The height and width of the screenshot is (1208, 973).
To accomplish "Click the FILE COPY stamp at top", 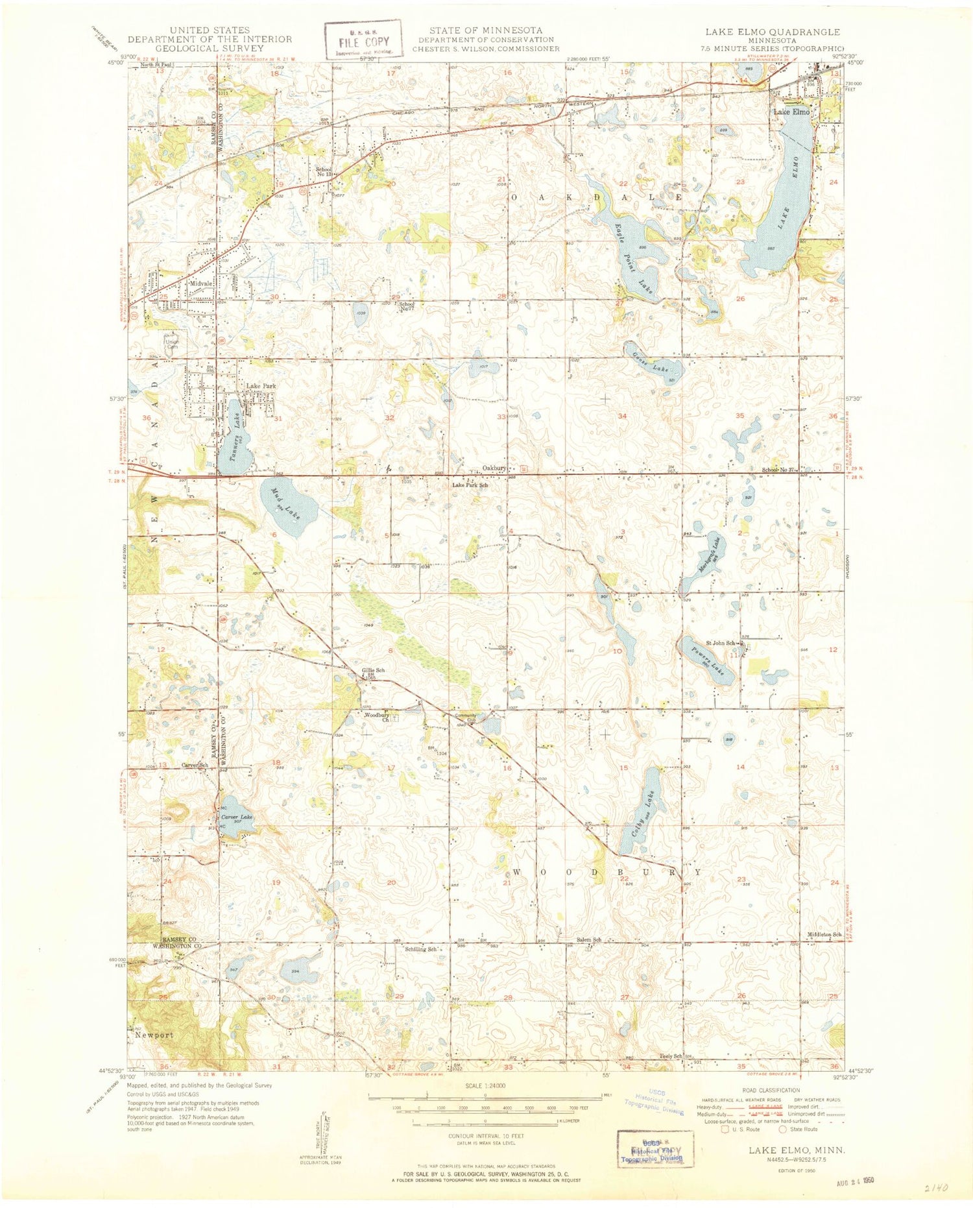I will tap(363, 40).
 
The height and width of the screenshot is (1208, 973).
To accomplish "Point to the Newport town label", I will tap(154, 1035).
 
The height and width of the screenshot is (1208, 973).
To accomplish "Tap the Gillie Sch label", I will tap(373, 670).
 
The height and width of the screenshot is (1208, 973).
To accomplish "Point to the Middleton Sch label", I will tap(824, 934).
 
